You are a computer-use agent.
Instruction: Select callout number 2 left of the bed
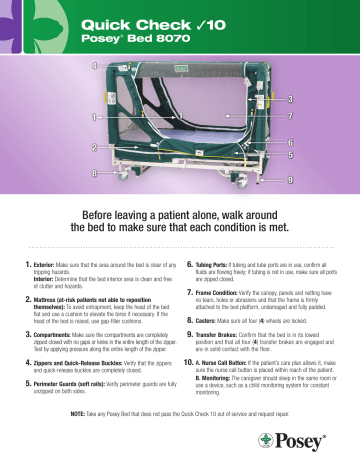click(x=94, y=148)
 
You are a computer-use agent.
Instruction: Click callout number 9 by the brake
click(x=290, y=179)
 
